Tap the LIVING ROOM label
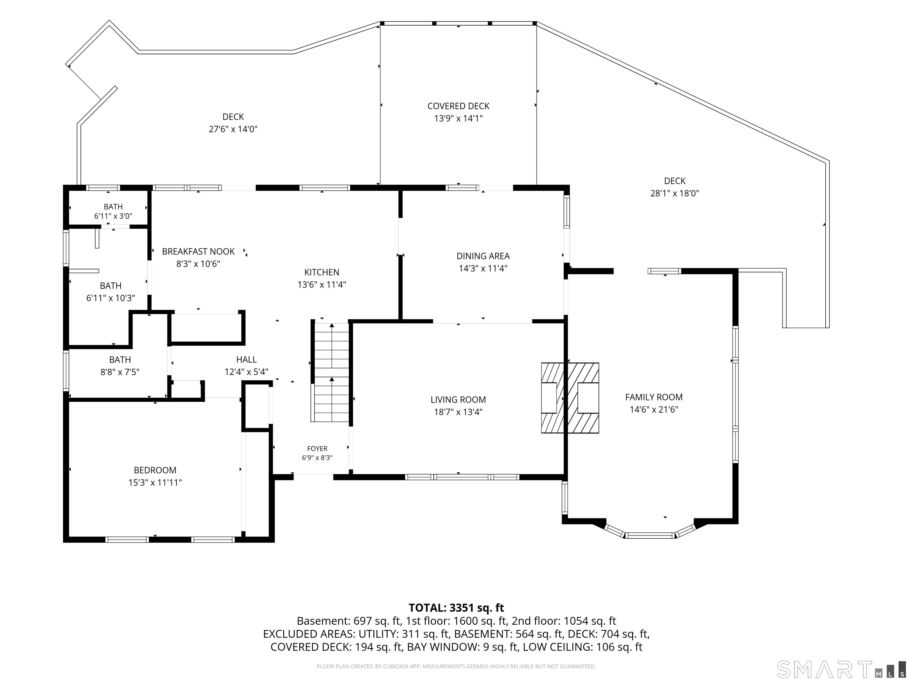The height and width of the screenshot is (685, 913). pyautogui.click(x=458, y=400)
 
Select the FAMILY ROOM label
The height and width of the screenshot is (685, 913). pyautogui.click(x=654, y=397)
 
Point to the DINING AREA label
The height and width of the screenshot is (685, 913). pyautogui.click(x=483, y=256)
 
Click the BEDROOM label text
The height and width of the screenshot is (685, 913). pyautogui.click(x=155, y=470)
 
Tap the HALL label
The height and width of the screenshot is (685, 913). pyautogui.click(x=246, y=360)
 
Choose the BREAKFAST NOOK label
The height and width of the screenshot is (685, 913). pyautogui.click(x=198, y=252)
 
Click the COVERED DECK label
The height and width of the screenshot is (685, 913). pyautogui.click(x=459, y=106)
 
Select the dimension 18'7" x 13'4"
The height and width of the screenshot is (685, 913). pyautogui.click(x=458, y=412)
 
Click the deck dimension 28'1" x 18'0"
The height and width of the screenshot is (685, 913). pyautogui.click(x=675, y=193)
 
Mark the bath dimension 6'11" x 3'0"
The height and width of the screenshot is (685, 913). pyautogui.click(x=113, y=216)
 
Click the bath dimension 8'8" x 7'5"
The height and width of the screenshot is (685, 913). pyautogui.click(x=120, y=372)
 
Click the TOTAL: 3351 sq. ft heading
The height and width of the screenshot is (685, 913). pyautogui.click(x=456, y=608)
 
